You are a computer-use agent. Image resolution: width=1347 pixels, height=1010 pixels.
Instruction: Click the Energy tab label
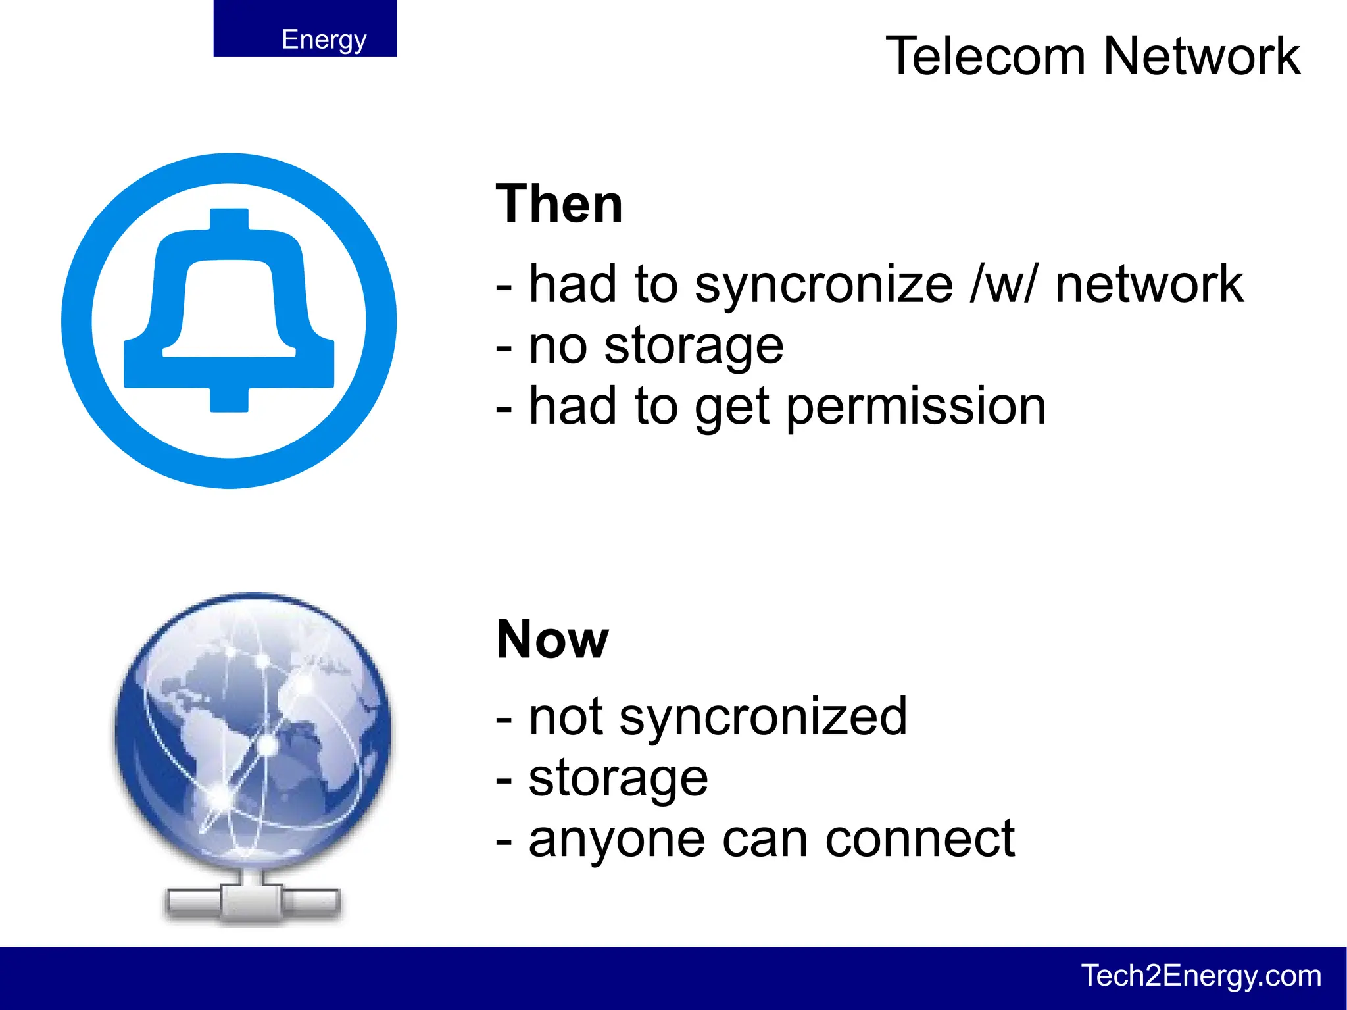(324, 39)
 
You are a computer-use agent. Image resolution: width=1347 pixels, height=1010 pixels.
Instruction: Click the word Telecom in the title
(985, 57)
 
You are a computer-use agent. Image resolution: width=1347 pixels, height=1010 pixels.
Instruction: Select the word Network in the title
(1202, 57)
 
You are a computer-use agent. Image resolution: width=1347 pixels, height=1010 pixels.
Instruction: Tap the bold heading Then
(559, 205)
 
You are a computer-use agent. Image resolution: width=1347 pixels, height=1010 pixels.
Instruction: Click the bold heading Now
(552, 639)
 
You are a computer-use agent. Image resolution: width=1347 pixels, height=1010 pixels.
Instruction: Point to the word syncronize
(823, 285)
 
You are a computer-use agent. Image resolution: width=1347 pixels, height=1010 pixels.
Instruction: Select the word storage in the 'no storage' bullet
(694, 346)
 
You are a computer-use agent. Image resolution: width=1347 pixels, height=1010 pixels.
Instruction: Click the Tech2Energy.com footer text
(1201, 975)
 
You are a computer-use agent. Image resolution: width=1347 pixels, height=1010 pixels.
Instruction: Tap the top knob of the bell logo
(229, 218)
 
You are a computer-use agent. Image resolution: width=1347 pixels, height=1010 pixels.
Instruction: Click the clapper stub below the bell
(229, 399)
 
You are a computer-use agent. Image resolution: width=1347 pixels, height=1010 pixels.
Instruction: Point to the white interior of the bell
(229, 309)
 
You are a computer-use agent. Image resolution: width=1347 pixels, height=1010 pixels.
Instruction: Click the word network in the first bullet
(1149, 285)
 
